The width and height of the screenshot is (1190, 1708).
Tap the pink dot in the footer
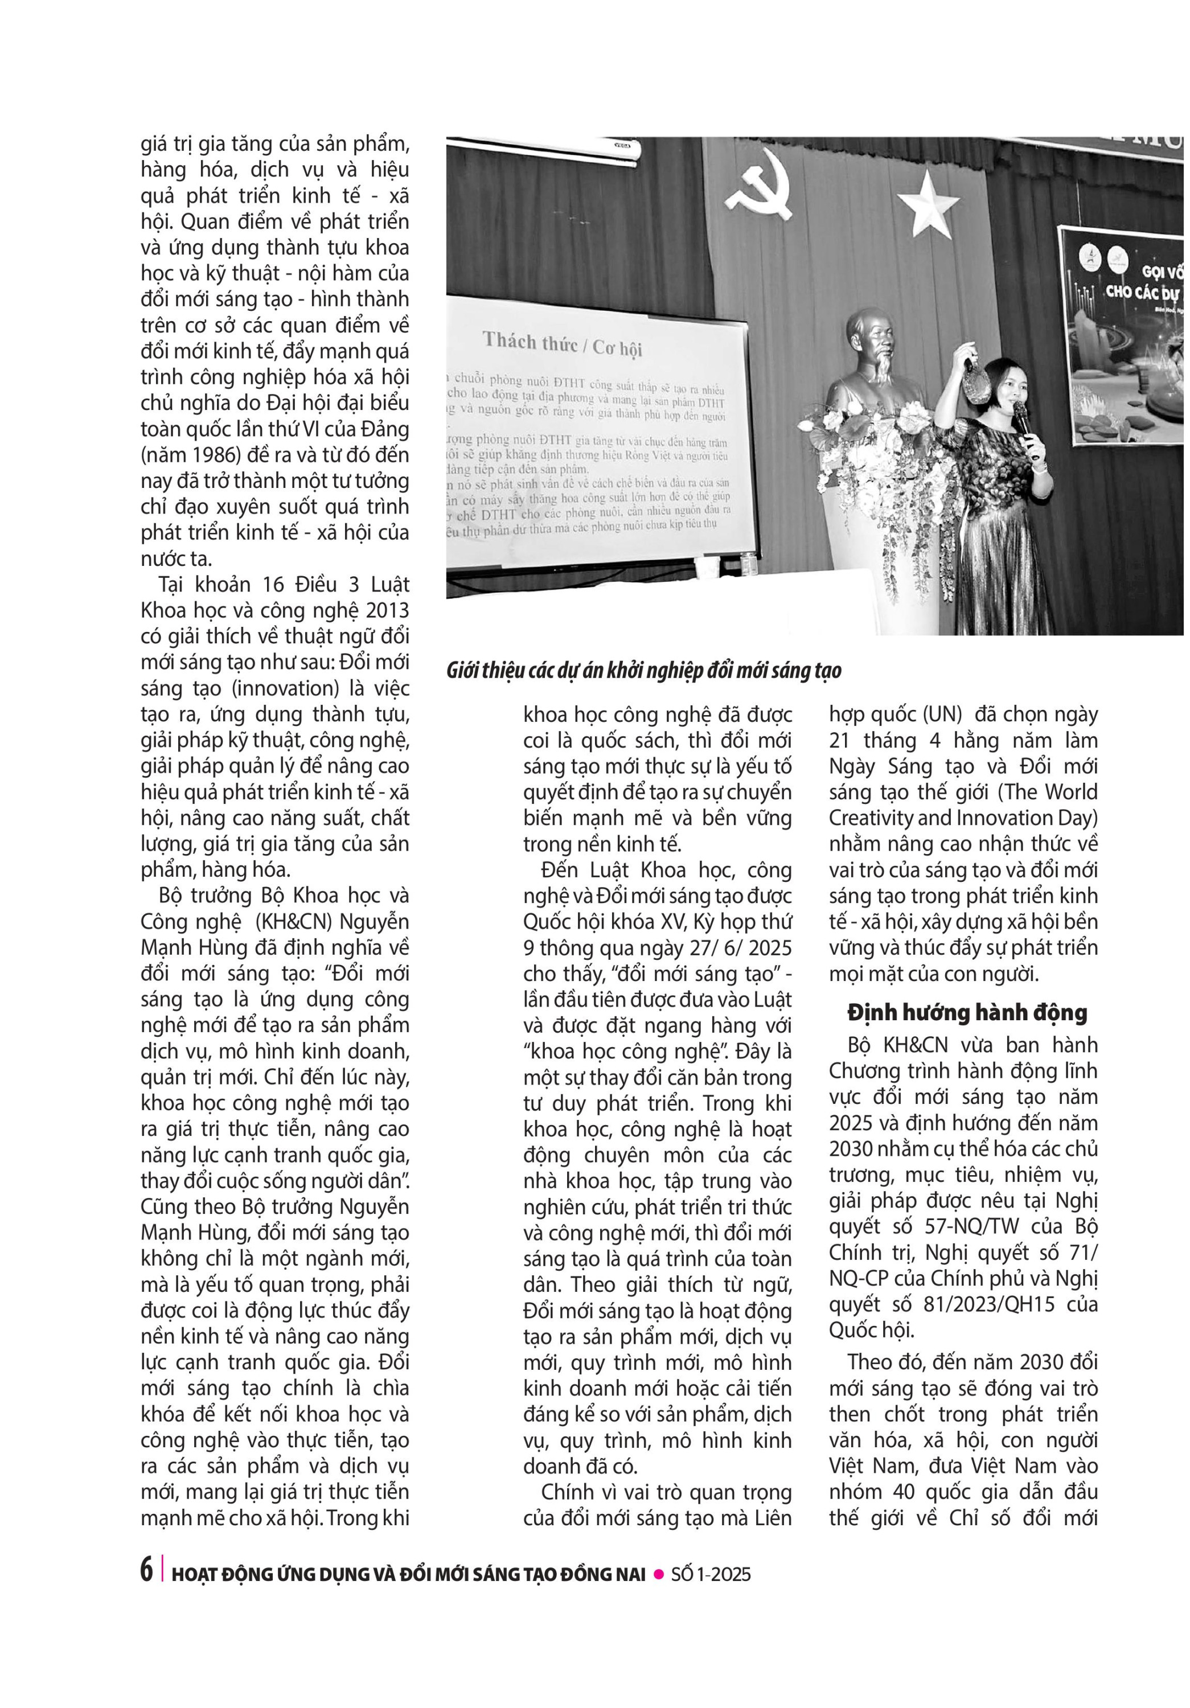point(658,1572)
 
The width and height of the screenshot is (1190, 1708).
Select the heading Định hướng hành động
point(967,1012)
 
